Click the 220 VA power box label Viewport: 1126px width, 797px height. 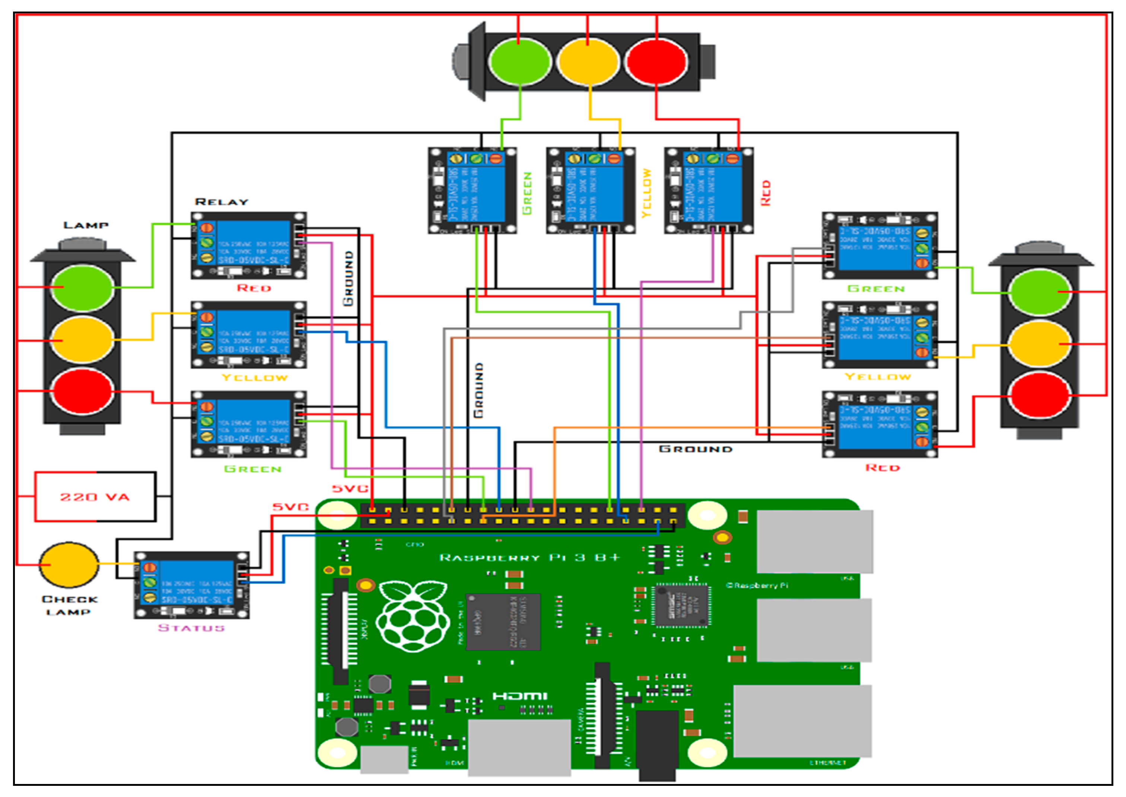pos(95,497)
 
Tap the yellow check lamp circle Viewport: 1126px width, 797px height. pos(69,565)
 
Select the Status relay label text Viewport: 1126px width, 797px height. pos(191,628)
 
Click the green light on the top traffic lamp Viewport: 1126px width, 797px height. pos(519,62)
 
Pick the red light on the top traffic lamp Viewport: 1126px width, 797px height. pos(657,62)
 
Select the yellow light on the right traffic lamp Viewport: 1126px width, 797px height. pos(1040,344)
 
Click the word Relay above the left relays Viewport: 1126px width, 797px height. pos(222,202)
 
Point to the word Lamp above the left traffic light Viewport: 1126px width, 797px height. pos(86,225)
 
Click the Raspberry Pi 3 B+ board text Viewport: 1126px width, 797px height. pos(529,558)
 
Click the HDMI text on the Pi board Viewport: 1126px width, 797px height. pos(519,696)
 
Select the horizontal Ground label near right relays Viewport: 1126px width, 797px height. pos(695,449)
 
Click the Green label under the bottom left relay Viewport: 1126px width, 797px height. pos(252,469)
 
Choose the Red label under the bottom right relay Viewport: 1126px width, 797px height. pos(882,468)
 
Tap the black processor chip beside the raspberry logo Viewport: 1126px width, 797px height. pos(503,622)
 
